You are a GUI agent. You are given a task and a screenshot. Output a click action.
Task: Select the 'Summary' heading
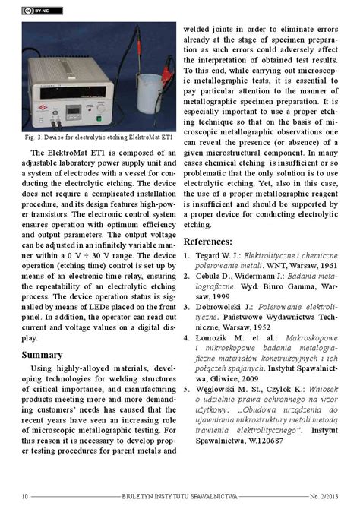[42, 355]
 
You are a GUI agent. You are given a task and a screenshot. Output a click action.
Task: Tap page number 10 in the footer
[25, 496]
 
